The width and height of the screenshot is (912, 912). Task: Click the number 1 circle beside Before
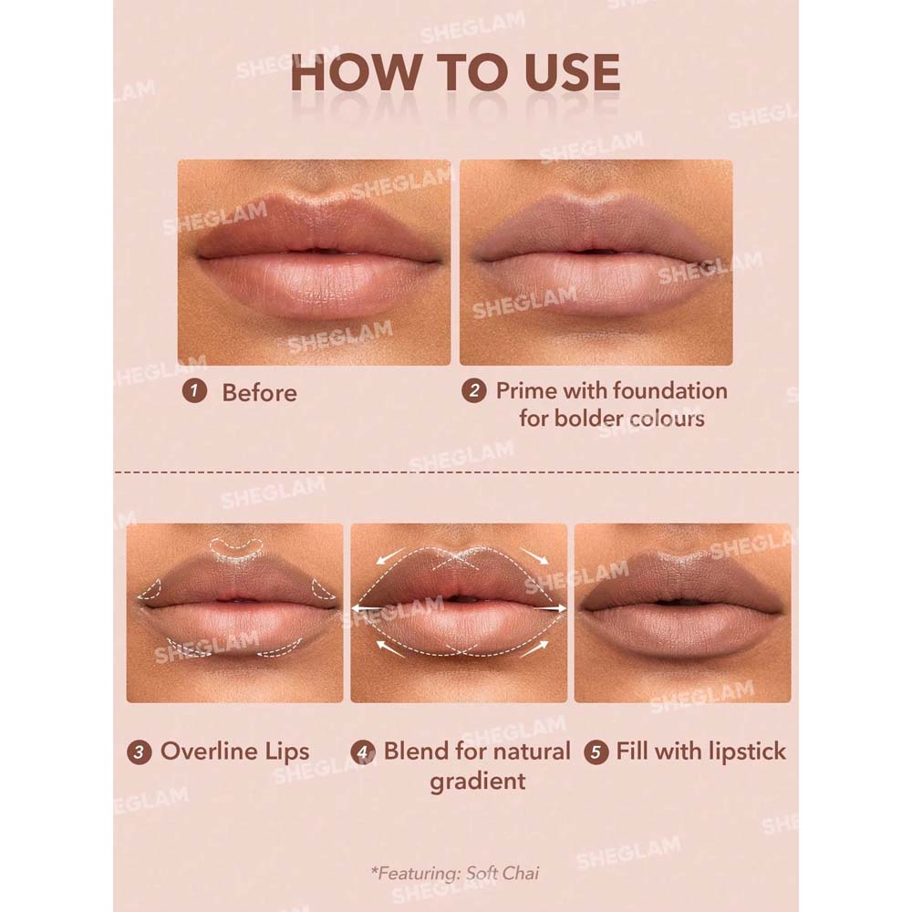(194, 391)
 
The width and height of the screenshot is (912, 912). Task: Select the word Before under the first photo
(259, 392)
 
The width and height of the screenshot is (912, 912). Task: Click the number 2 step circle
(474, 391)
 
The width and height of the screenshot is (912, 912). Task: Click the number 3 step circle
(139, 752)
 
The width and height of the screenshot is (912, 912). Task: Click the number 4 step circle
(363, 752)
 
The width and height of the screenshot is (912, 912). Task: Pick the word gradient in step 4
(478, 782)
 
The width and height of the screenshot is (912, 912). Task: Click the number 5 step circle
(596, 752)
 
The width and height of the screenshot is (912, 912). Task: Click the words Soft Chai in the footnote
(503, 873)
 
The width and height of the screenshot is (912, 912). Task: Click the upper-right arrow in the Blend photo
(534, 555)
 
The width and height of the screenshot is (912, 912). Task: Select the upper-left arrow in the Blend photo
(391, 555)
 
